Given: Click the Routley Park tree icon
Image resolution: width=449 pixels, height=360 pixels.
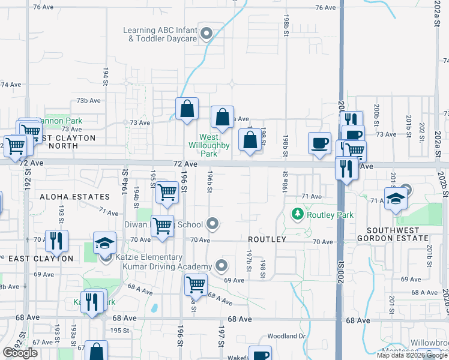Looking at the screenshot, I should pos(297,214).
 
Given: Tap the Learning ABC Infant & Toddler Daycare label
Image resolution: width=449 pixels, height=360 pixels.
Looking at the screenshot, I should pos(160,34).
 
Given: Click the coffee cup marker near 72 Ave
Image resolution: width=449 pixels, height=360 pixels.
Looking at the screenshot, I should pos(319,143).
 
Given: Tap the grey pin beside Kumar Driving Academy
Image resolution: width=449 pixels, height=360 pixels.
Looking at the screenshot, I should pos(222,265).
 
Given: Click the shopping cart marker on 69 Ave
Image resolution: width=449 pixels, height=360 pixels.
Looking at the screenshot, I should pos(196,284).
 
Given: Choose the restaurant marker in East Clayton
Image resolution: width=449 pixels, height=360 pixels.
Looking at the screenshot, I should pos(56,241).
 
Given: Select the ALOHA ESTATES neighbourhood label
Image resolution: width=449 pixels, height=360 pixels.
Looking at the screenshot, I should pos(75,197).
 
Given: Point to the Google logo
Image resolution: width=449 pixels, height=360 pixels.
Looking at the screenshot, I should pos(20,353).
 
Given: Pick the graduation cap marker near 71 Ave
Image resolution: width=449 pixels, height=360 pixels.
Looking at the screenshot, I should pos(396,200).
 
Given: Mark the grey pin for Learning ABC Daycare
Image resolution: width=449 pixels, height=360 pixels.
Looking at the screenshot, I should pos(207,34).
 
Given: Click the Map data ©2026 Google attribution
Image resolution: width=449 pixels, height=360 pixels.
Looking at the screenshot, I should pos(412,355).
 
